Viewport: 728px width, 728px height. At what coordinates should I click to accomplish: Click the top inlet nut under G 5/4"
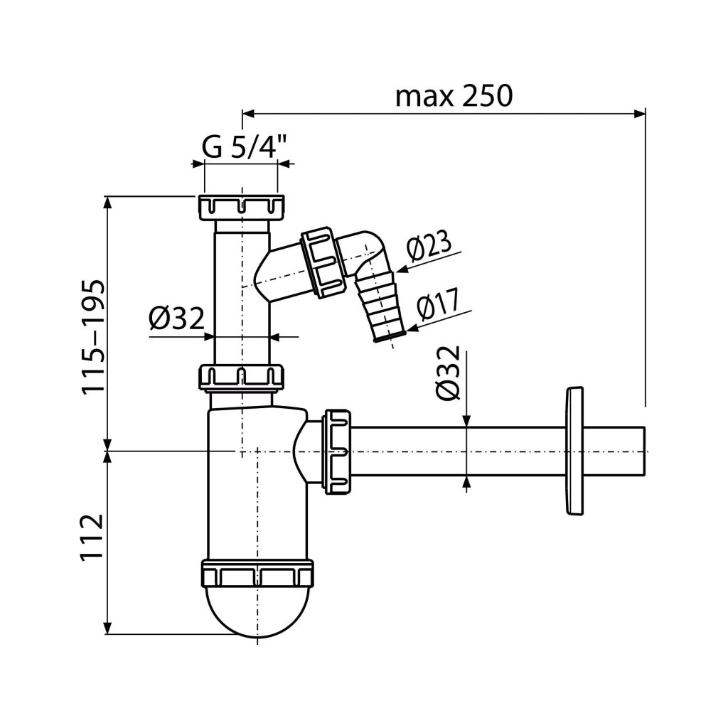pyautogui.click(x=241, y=207)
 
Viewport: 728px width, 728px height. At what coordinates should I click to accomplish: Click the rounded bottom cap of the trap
pyautogui.click(x=257, y=611)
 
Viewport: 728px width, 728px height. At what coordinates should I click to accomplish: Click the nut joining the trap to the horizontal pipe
pyautogui.click(x=337, y=450)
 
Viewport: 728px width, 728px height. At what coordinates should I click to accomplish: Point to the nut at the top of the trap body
pyautogui.click(x=242, y=377)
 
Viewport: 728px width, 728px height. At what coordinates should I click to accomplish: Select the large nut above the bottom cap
pyautogui.click(x=257, y=572)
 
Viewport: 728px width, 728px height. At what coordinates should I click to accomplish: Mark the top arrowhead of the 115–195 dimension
pyautogui.click(x=108, y=200)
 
